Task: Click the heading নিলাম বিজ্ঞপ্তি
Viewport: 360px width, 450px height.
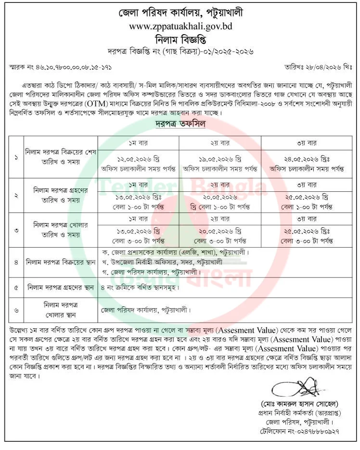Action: point(180,38)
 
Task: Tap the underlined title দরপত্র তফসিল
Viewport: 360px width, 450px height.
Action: point(180,124)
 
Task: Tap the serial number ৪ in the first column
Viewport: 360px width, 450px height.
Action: point(16,262)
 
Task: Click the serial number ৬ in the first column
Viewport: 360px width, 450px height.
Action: point(16,310)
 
